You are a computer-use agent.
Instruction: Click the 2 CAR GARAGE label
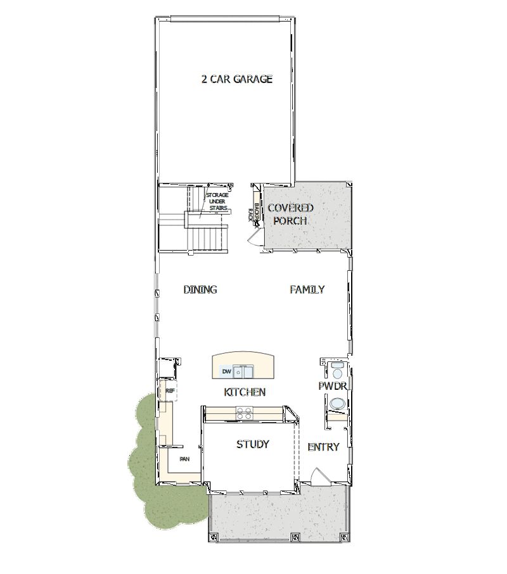click(236, 79)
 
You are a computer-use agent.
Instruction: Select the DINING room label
click(200, 290)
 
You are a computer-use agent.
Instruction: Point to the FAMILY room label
click(307, 290)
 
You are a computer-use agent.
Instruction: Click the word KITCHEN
click(245, 392)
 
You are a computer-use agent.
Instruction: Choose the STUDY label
click(253, 444)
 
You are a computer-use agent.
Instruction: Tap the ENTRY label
click(323, 447)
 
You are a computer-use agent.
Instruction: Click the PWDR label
click(331, 385)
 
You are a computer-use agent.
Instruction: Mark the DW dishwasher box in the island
click(226, 371)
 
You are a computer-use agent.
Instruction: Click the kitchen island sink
click(243, 371)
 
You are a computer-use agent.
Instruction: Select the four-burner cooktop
click(243, 413)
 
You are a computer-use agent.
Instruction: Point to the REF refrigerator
click(169, 391)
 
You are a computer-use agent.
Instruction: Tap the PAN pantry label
click(184, 459)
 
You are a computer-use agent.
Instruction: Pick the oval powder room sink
click(337, 403)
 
